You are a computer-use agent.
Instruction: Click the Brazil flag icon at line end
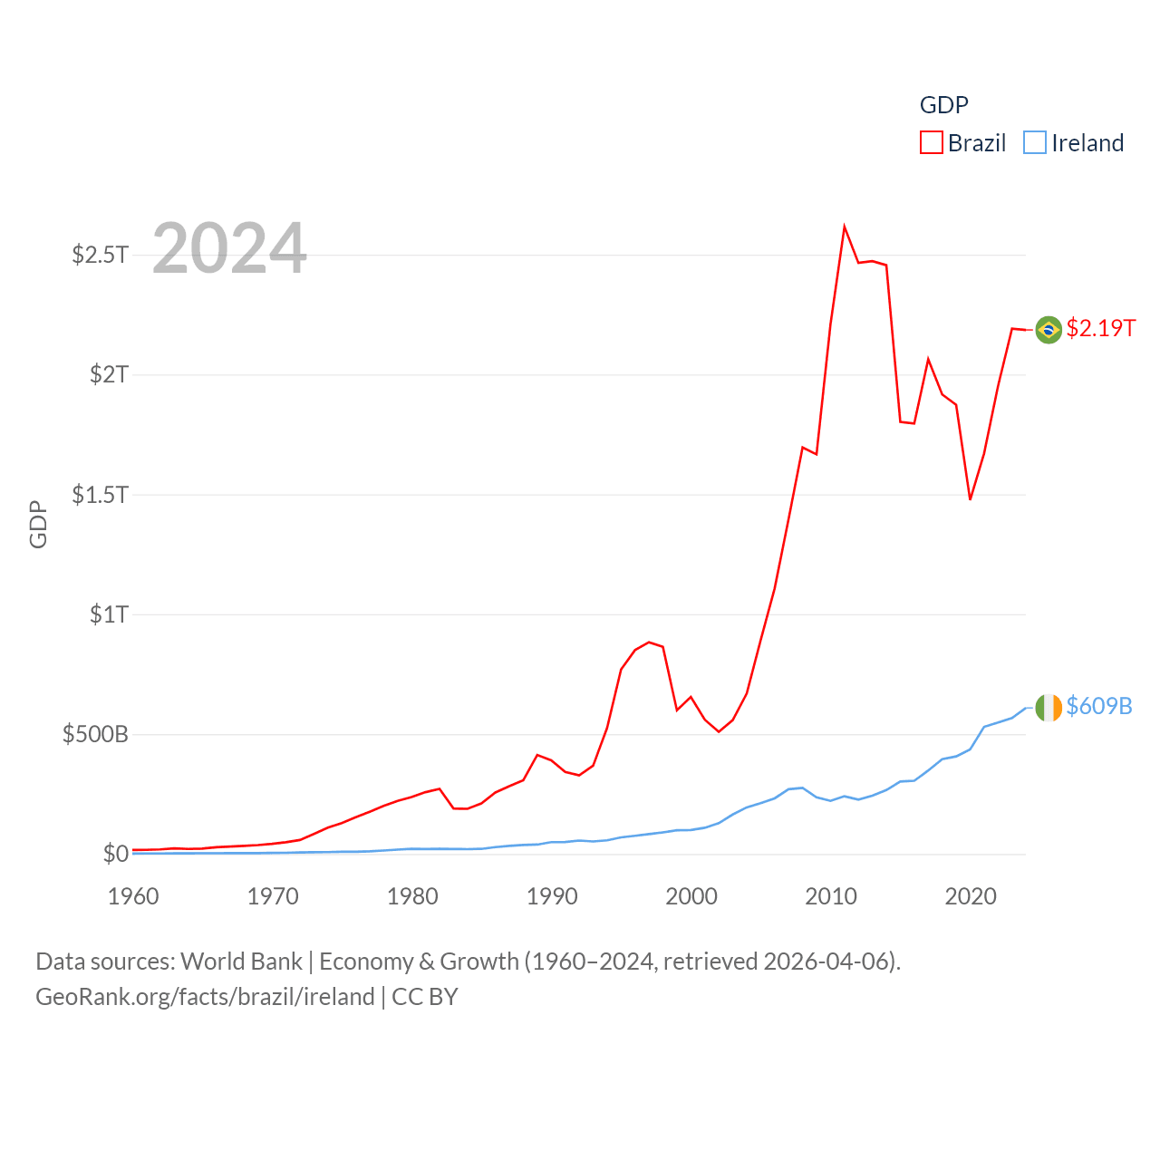tap(1049, 329)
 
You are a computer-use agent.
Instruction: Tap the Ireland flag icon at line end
tap(1049, 707)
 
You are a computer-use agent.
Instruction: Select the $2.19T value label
tap(1101, 328)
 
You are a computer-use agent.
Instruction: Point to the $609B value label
tap(1099, 706)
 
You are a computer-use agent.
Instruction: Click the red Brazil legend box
tap(932, 143)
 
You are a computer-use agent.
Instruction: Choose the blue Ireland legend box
tap(1034, 143)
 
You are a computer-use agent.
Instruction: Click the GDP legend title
tap(943, 105)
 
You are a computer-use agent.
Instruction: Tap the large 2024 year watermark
tap(229, 248)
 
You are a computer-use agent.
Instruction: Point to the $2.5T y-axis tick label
tap(101, 255)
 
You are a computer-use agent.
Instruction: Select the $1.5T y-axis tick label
tap(101, 495)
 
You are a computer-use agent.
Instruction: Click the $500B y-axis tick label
tap(96, 734)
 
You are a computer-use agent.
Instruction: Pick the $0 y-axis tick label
tap(116, 854)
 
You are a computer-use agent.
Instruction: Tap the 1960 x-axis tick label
tap(133, 896)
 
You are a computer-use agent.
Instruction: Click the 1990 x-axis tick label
tap(552, 896)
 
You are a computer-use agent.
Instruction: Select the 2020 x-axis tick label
tap(971, 896)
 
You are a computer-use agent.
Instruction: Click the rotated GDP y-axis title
tap(38, 524)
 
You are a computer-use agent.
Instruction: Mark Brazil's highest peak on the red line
tap(844, 227)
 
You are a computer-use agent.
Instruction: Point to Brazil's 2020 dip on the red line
tap(970, 498)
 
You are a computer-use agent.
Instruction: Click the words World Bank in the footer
tap(241, 962)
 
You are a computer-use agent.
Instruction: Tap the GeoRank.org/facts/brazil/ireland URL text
tap(205, 997)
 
